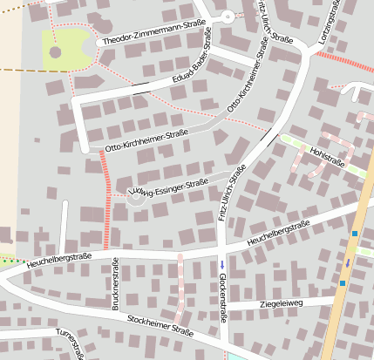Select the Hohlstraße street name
[327, 157]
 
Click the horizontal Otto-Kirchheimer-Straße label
[146, 136]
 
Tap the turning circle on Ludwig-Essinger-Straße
[135, 200]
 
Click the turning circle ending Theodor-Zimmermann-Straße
[228, 17]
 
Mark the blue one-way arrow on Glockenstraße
[221, 264]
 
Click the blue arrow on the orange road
[348, 262]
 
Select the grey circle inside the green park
[56, 52]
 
